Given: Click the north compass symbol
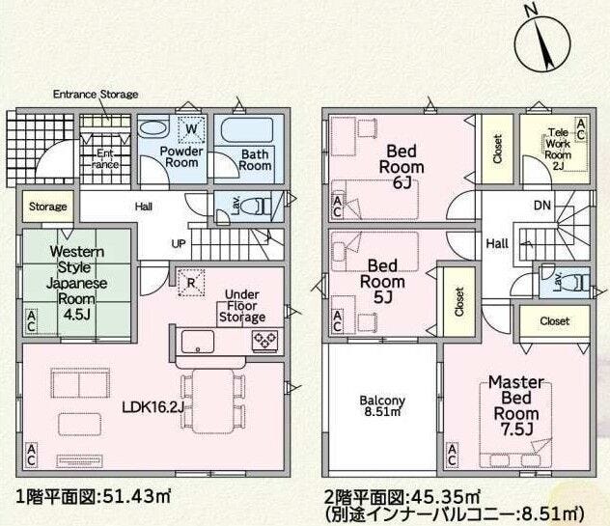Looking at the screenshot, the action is point(542,42).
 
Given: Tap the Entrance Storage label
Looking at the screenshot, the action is point(96,95).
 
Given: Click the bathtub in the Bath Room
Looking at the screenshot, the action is point(247,130).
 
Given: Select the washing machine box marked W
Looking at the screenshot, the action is point(191,128).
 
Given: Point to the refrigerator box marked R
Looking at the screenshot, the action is point(191,283).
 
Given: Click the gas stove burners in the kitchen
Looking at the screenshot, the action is point(264,342).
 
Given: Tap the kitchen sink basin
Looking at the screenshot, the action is point(198,342).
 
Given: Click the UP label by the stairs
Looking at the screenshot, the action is point(179,244).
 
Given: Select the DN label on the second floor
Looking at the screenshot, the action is point(542,205).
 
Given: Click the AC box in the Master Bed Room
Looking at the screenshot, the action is point(452,455).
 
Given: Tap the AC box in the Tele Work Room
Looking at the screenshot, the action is point(580,129).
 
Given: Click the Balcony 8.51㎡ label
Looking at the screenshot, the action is point(382,405).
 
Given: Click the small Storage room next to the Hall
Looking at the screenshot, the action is point(48,207).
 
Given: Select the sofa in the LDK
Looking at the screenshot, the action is point(80,383).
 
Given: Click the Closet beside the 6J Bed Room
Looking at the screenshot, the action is point(498,149).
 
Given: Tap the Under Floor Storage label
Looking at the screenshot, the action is point(242,306).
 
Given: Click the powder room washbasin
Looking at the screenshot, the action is point(153,128).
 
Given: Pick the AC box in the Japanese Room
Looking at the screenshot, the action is point(31,321).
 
